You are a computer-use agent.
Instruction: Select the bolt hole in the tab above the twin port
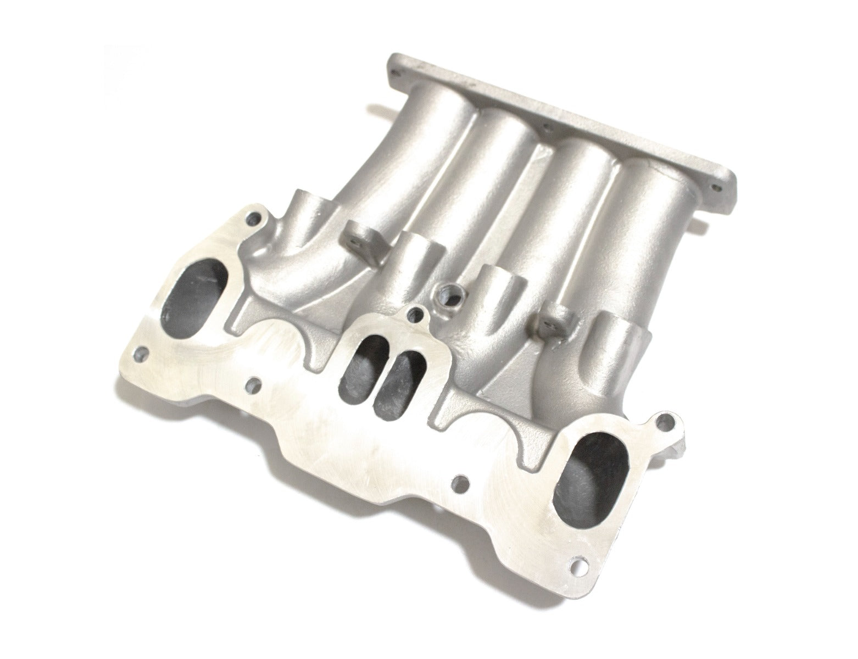tap(421, 315)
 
